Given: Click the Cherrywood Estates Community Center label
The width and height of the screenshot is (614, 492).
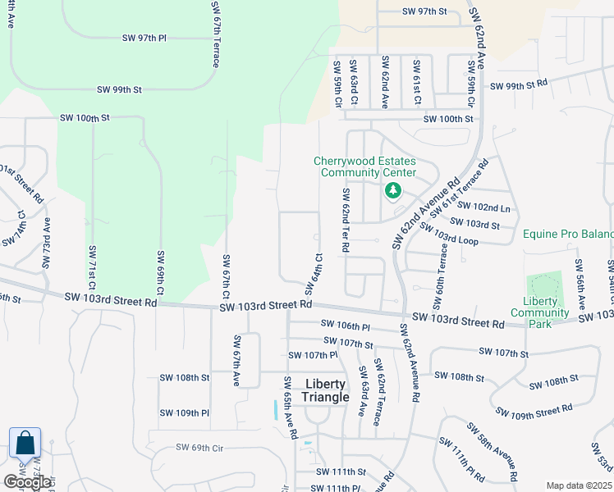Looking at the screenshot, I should pyautogui.click(x=364, y=166).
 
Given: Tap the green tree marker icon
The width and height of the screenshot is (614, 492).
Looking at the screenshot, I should pyautogui.click(x=393, y=191).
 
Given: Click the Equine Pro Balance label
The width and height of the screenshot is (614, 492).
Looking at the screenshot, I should pyautogui.click(x=569, y=235).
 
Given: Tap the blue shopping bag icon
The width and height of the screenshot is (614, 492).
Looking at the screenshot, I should pyautogui.click(x=25, y=444).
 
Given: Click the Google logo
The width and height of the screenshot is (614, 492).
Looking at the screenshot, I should pyautogui.click(x=27, y=481).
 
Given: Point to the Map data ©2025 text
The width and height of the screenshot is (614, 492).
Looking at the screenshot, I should pyautogui.click(x=578, y=485).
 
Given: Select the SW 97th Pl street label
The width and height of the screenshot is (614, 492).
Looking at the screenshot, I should pyautogui.click(x=144, y=39).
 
